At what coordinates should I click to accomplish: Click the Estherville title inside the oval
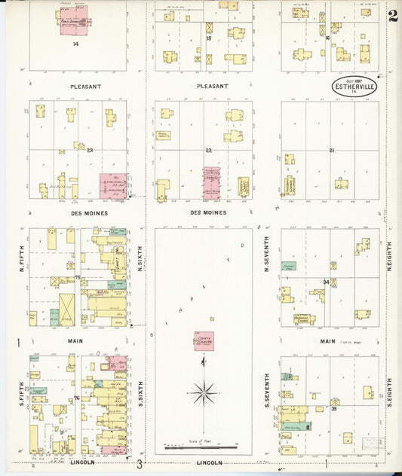pos(354,87)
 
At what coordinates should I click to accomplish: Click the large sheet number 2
pos(393,17)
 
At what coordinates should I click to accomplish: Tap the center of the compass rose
pos(204,392)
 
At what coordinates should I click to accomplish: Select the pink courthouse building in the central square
pos(204,341)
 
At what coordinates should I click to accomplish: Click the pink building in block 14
pos(74,20)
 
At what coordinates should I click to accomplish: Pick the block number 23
pos(90,151)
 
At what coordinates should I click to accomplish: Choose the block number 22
pos(209,151)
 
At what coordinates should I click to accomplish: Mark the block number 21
pos(331,151)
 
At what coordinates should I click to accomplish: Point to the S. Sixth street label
pos(141,395)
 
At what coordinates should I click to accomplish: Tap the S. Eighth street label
pos(390,392)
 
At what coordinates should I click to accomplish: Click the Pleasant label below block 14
pos(85,86)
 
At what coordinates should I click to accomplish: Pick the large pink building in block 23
pos(113,185)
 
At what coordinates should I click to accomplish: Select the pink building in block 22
pos(211,182)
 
